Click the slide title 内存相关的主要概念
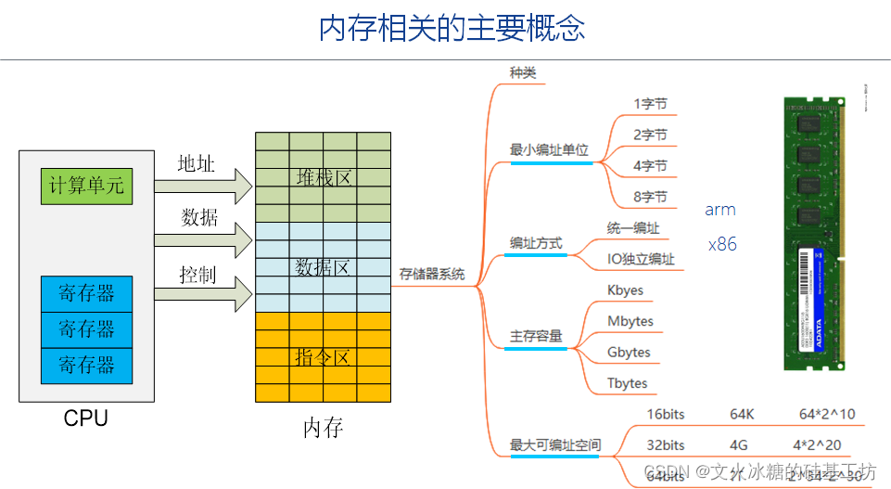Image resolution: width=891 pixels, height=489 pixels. coord(452,28)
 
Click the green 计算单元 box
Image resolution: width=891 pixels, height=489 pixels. coord(86,186)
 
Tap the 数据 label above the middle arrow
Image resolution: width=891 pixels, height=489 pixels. coord(199,217)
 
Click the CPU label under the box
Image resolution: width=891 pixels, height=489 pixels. coord(86,418)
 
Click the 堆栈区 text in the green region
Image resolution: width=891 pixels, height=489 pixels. coord(323,177)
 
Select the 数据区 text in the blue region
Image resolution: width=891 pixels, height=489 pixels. coord(323,267)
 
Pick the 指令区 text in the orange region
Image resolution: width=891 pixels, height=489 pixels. coord(323,357)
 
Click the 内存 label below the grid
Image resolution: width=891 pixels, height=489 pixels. coord(323,428)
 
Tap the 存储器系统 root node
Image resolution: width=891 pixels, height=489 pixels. coord(432,275)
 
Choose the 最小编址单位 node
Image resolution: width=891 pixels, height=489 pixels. coord(549,149)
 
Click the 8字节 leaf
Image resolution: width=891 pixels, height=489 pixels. coord(650,197)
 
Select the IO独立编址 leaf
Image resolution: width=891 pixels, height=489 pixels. coord(641,260)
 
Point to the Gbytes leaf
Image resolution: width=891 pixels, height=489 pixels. coord(629,353)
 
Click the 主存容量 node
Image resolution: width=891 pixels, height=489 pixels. coord(536,336)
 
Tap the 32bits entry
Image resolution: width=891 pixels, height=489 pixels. coord(666,444)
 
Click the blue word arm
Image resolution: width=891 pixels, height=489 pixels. coord(720,210)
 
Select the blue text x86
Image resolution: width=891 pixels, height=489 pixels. coord(722,245)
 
